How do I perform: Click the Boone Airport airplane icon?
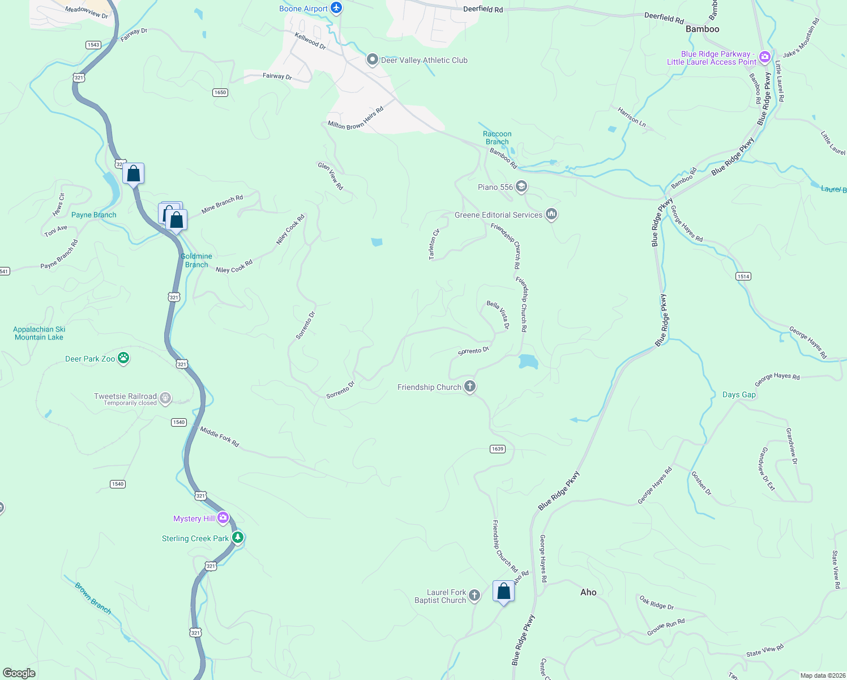point(337,8)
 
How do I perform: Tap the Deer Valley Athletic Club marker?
point(372,59)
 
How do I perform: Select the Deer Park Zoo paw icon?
point(123,358)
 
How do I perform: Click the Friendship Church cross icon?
point(469,386)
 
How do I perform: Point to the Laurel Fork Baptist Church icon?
point(474,595)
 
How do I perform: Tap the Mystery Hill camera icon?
point(223,517)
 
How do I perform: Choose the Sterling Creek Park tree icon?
point(238,537)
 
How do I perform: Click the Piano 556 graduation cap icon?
point(521,186)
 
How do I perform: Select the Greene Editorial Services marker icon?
point(551,214)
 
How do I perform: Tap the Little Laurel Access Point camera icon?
point(764,57)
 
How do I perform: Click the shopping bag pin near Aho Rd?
point(503,592)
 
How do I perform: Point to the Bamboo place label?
point(702,29)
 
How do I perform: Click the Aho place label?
point(588,592)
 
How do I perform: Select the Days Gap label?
point(739,394)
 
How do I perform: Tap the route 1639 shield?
point(497,449)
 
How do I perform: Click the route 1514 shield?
point(743,276)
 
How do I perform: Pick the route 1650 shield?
point(220,92)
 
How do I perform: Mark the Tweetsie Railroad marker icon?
point(165,398)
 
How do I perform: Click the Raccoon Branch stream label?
point(497,138)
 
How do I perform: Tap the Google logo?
point(19,673)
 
